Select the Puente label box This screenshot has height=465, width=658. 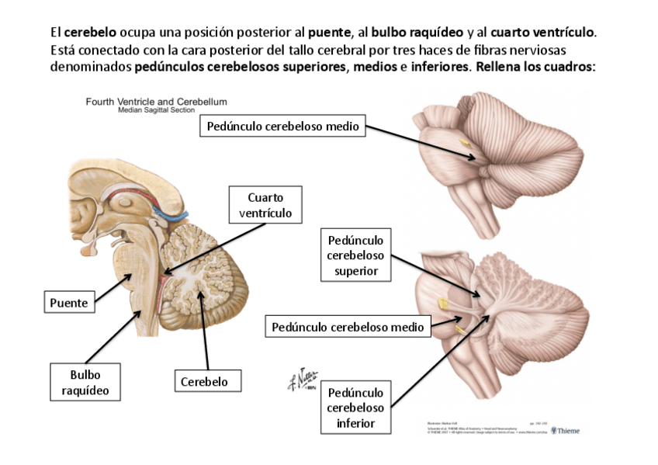[x=69, y=302]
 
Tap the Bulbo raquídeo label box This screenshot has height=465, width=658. [x=85, y=382]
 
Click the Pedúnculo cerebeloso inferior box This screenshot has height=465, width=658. [x=355, y=408]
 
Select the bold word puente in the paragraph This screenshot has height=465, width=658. [x=330, y=33]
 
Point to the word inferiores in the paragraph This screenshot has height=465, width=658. [x=438, y=67]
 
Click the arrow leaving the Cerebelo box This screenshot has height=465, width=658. [x=204, y=329]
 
